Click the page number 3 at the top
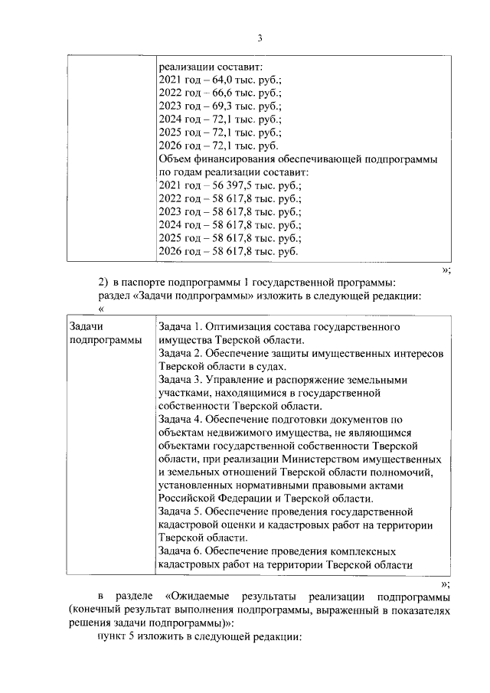pos(260,38)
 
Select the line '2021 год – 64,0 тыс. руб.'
pos(219,80)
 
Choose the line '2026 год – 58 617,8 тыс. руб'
pos(227,251)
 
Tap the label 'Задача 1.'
pos(181,327)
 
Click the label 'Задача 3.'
pos(181,380)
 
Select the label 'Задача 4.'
pos(181,419)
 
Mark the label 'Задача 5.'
pos(181,512)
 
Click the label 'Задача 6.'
pos(181,551)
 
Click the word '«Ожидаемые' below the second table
pos(195,596)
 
